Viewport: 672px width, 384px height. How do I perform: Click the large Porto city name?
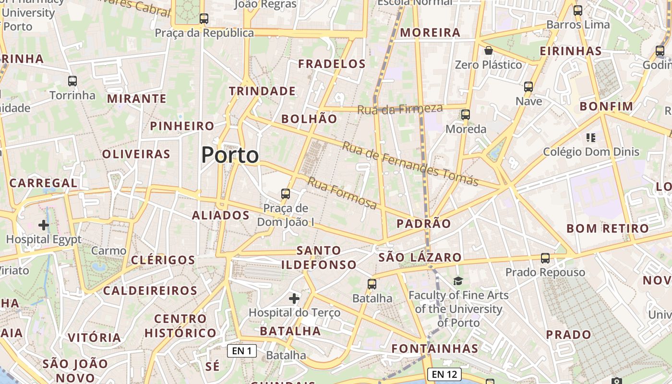point(230,155)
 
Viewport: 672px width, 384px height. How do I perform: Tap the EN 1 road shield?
point(242,351)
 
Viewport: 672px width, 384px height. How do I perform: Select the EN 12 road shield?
point(444,374)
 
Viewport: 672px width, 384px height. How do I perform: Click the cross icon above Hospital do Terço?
point(294,299)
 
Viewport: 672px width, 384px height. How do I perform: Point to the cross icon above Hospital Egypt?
point(44,225)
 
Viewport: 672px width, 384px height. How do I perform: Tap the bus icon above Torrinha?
point(72,81)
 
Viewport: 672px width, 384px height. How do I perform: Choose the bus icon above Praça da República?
point(204,19)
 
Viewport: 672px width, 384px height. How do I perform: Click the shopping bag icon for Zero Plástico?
point(489,50)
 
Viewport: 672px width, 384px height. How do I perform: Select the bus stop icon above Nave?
point(528,87)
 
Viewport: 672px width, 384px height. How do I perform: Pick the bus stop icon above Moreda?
point(465,115)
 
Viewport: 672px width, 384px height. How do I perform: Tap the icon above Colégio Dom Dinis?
point(591,138)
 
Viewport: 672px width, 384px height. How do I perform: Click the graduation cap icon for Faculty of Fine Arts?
point(458,281)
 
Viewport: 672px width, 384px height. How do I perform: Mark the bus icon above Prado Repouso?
point(545,258)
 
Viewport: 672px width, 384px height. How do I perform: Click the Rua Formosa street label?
point(342,193)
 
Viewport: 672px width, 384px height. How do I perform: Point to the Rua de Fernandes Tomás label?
point(410,164)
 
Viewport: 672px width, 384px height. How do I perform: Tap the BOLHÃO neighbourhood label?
point(309,119)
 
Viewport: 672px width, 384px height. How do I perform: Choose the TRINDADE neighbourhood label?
point(262,91)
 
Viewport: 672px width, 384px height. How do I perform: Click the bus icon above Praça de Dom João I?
point(286,194)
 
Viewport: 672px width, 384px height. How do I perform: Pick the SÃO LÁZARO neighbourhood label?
point(420,257)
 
